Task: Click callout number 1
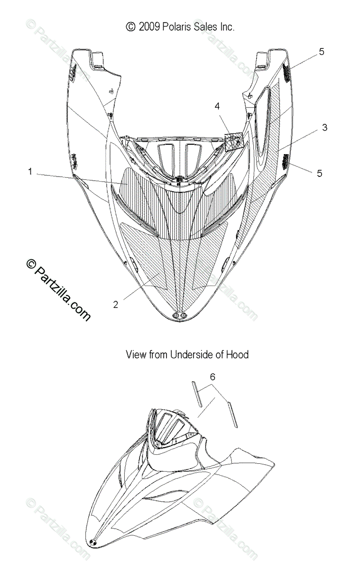pyautogui.click(x=30, y=172)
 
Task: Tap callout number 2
pyautogui.click(x=116, y=304)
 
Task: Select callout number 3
pyautogui.click(x=324, y=128)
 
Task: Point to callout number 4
pyautogui.click(x=217, y=107)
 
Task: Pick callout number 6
pyautogui.click(x=212, y=364)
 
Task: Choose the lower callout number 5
pyautogui.click(x=319, y=173)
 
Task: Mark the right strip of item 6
pyautogui.click(x=231, y=414)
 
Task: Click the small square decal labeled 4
pyautogui.click(x=233, y=142)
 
